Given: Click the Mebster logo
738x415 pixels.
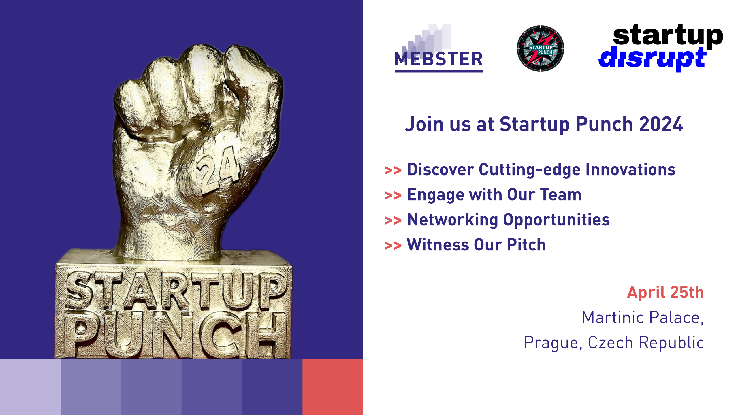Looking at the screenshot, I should click(438, 52).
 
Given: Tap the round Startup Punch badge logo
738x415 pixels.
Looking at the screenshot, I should click(540, 48).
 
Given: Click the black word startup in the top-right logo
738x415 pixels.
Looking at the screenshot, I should click(668, 35).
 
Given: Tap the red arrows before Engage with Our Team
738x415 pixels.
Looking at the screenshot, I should click(393, 196).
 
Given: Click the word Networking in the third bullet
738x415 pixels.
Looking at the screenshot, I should click(452, 220).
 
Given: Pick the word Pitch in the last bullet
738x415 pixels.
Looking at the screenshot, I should click(526, 245).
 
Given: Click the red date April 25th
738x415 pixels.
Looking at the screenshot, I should click(665, 293).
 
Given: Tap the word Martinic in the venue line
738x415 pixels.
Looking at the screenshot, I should click(613, 318).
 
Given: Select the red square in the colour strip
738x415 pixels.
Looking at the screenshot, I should click(332, 387).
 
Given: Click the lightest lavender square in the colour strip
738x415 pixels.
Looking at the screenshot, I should click(30, 387).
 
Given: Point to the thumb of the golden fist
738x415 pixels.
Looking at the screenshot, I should click(161, 133).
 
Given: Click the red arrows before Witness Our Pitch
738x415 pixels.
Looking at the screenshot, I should click(393, 246).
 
